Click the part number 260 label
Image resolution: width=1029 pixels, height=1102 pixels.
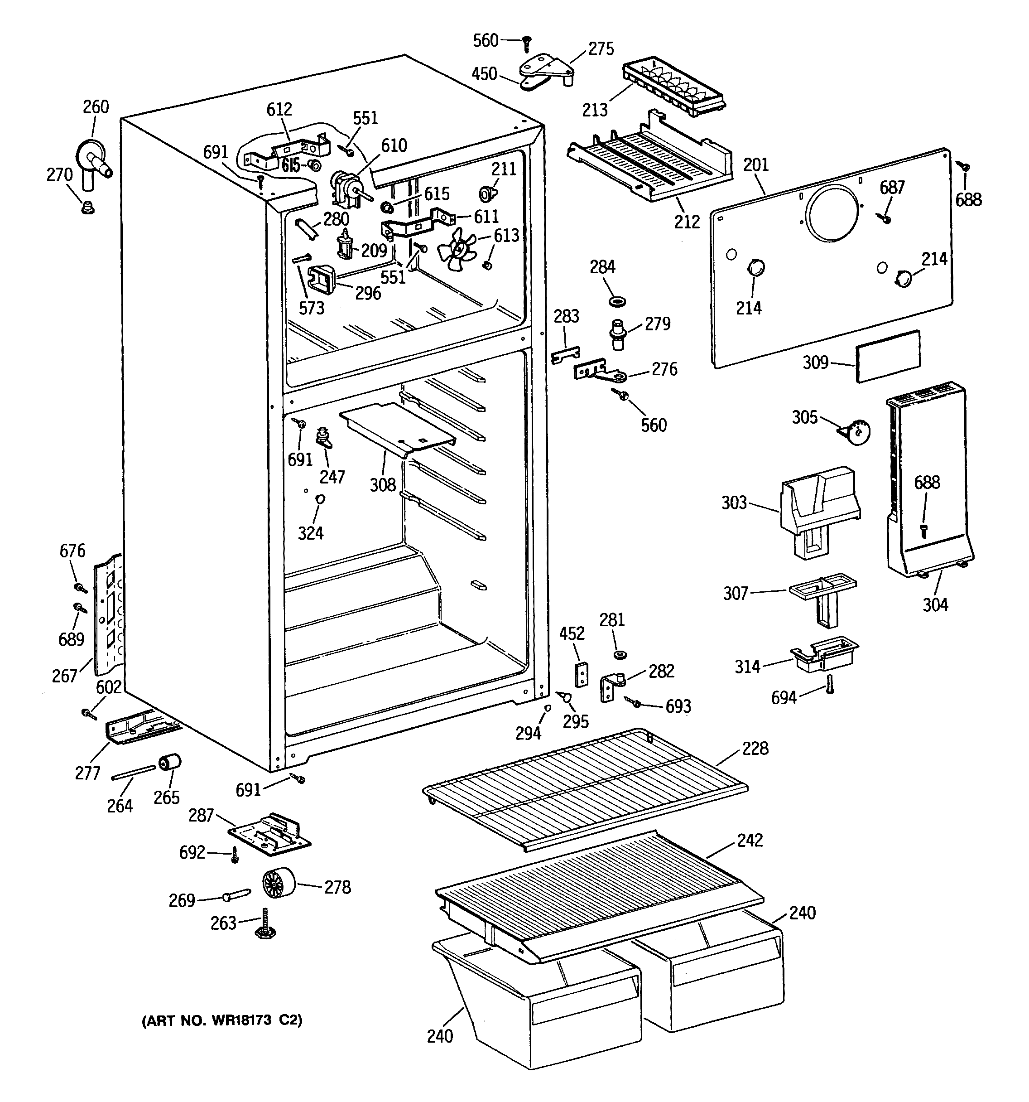click(96, 106)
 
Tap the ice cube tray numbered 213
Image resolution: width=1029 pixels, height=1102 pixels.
click(674, 89)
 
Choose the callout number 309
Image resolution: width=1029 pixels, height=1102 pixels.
click(816, 362)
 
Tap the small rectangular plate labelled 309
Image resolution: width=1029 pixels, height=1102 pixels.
click(888, 356)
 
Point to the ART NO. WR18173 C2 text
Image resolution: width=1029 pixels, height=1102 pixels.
click(222, 1020)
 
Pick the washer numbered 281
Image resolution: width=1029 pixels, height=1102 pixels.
click(620, 655)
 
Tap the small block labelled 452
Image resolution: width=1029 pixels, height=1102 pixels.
click(581, 674)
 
